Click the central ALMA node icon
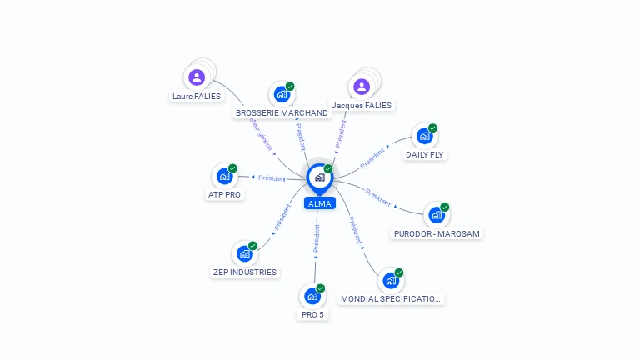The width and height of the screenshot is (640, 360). point(319,177)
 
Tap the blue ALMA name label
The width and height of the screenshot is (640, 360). point(320,203)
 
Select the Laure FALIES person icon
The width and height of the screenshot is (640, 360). point(197,77)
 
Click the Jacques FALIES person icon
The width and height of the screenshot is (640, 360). point(362,87)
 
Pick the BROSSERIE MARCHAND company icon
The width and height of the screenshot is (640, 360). point(282,94)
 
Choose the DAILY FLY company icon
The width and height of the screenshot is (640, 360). point(425,136)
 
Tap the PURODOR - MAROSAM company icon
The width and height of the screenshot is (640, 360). point(437,215)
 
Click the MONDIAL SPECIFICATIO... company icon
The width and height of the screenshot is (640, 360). point(391,281)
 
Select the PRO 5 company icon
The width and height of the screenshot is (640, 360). point(312,296)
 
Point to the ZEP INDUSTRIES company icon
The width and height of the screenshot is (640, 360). point(244,253)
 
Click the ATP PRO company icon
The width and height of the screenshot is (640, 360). point(224,176)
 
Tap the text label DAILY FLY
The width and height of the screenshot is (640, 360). point(425,155)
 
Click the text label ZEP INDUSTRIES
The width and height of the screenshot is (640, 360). point(244,272)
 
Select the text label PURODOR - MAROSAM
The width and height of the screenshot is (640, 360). point(437,234)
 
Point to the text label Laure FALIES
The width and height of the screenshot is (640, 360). point(197,97)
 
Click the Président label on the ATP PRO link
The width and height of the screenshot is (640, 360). point(272,178)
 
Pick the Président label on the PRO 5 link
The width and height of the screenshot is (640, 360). point(317,238)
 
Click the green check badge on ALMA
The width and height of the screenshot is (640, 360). point(328,169)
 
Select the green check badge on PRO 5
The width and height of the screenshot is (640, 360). point(321,288)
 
